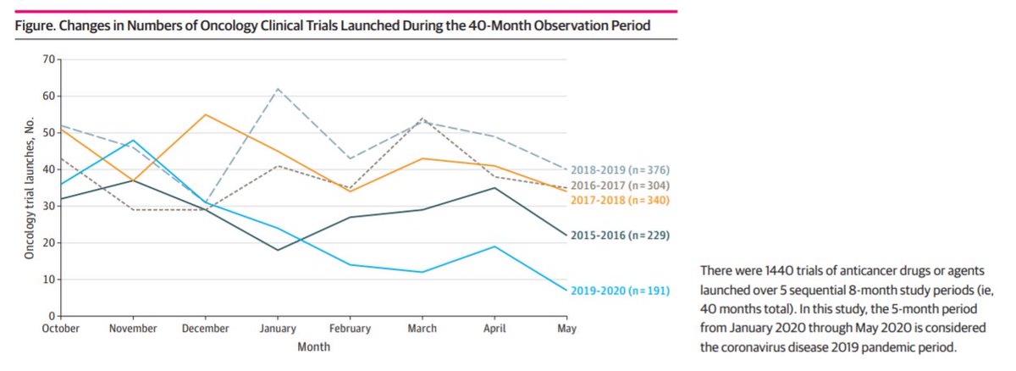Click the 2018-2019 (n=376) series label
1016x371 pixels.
pyautogui.click(x=621, y=170)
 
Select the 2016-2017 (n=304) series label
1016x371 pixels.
pyautogui.click(x=621, y=185)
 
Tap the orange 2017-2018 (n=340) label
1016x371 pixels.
pyautogui.click(x=621, y=201)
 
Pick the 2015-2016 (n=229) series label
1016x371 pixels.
pyautogui.click(x=621, y=235)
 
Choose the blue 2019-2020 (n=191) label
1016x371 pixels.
pyautogui.click(x=621, y=291)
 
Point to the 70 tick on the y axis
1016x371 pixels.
pyautogui.click(x=48, y=59)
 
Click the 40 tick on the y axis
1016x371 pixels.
pyautogui.click(x=48, y=169)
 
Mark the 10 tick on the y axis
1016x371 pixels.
pyautogui.click(x=48, y=280)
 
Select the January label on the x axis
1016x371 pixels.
pyautogui.click(x=278, y=329)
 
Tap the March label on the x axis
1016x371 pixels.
pyautogui.click(x=422, y=329)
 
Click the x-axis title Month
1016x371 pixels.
pyautogui.click(x=313, y=346)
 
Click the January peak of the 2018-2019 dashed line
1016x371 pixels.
pyautogui.click(x=278, y=88)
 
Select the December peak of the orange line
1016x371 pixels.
pyautogui.click(x=206, y=114)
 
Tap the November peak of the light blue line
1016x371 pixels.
pyautogui.click(x=133, y=140)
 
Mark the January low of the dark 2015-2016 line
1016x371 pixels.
pyautogui.click(x=278, y=250)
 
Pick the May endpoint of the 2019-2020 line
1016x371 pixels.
pyautogui.click(x=566, y=291)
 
